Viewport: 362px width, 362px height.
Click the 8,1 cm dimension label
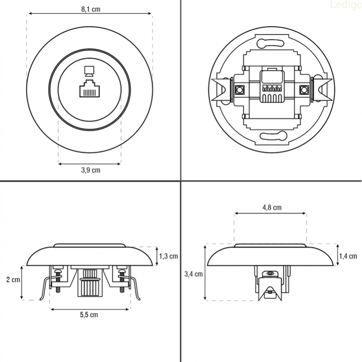pyautogui.click(x=91, y=10)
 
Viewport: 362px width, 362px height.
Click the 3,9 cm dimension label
pyautogui.click(x=91, y=171)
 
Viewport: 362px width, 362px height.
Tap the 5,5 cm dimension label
pyautogui.click(x=89, y=315)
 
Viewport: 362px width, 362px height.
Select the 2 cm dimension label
pyautogui.click(x=13, y=280)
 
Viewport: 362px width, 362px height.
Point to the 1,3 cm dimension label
pyautogui.click(x=168, y=256)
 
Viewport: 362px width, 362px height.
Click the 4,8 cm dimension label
pyautogui.click(x=272, y=208)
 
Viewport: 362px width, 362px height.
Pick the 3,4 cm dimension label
pyautogui.click(x=194, y=274)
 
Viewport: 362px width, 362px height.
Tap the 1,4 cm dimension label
pyautogui.click(x=348, y=256)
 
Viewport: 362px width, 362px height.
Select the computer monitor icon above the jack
pyautogui.click(x=89, y=71)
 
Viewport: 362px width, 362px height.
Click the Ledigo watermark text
pyautogui.click(x=346, y=5)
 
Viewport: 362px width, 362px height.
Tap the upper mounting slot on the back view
pyautogui.click(x=271, y=43)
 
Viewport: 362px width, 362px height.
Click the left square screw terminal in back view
pyautogui.click(x=239, y=90)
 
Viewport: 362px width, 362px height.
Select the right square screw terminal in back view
pyautogui.click(x=304, y=90)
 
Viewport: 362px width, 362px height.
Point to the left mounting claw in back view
pyautogui.click(x=222, y=90)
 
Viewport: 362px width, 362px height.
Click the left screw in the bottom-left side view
pyautogui.click(x=58, y=280)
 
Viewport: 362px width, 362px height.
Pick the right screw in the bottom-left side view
pyautogui.click(x=122, y=280)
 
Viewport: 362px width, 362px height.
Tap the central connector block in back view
pyautogui.click(x=272, y=86)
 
